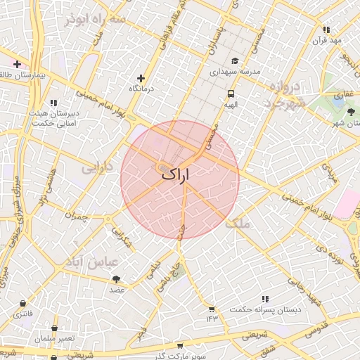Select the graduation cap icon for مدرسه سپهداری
pyautogui.click(x=235, y=60)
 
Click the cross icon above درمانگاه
pyautogui.click(x=141, y=78)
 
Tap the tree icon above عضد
pyautogui.click(x=116, y=279)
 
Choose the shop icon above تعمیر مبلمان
pyautogui.click(x=55, y=328)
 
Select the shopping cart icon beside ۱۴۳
pyautogui.click(x=212, y=309)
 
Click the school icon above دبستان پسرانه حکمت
pyautogui.click(x=264, y=299)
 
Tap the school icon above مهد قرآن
pyautogui.click(x=326, y=30)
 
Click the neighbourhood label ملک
pyautogui.click(x=240, y=224)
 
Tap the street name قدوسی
pyautogui.click(x=318, y=327)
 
